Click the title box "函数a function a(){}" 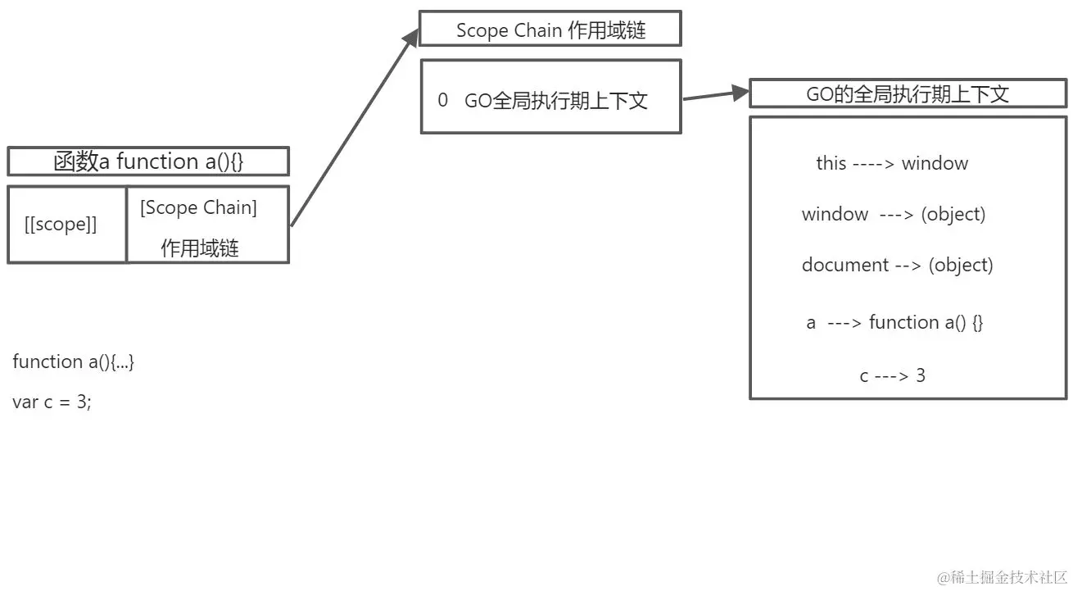[148, 161]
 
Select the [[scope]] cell [61, 225]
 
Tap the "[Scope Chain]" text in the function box [198, 207]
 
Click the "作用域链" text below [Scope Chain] [200, 248]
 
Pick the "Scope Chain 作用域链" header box [550, 30]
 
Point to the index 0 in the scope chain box [443, 100]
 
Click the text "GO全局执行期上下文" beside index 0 [556, 101]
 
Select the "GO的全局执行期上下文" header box [908, 94]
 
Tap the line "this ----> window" [891, 163]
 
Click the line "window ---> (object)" [893, 214]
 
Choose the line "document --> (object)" [897, 265]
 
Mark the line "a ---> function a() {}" [894, 322]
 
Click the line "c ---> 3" [892, 375]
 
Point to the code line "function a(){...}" [73, 361]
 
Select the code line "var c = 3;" [52, 402]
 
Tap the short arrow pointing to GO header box [715, 95]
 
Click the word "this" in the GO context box [831, 163]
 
